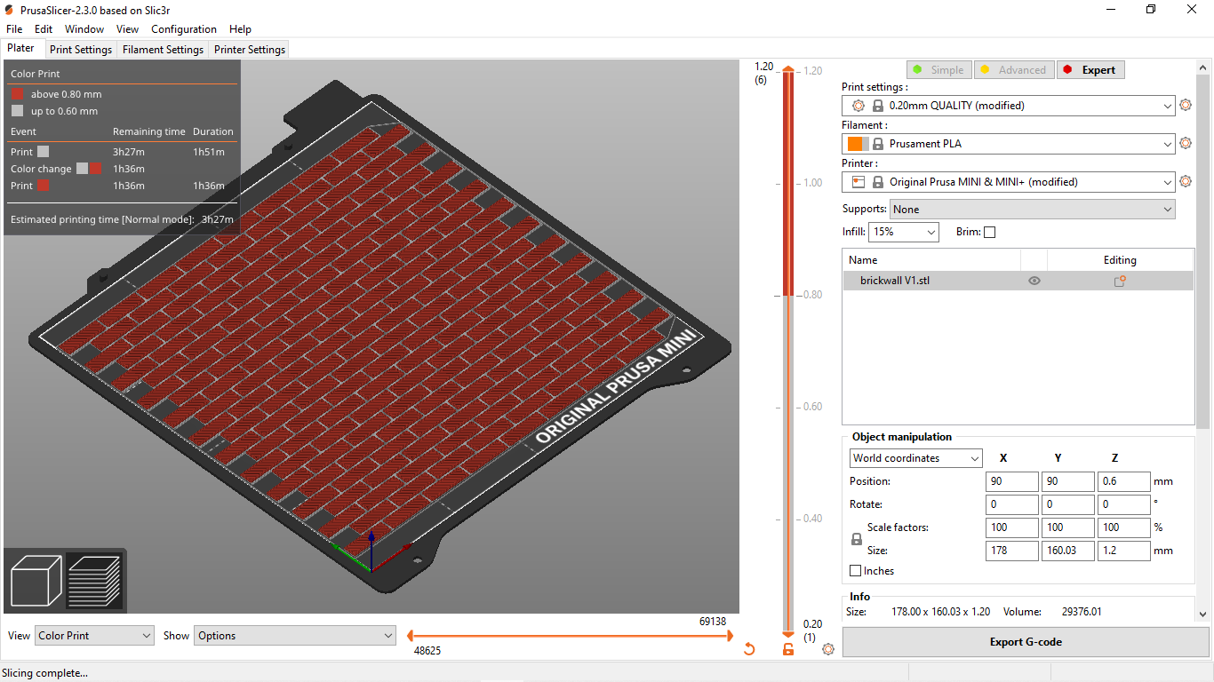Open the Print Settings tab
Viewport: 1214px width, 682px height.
(x=80, y=50)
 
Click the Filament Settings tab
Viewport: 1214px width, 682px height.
(x=163, y=50)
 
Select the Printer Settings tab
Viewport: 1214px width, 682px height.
(x=250, y=50)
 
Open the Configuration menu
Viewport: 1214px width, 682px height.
(x=184, y=29)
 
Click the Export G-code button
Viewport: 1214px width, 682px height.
(x=1026, y=642)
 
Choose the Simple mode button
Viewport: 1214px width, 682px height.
(x=939, y=70)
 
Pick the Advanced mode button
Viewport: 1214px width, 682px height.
(x=1014, y=70)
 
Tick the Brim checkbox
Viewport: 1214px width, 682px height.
(x=990, y=233)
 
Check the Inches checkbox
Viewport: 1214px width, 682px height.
(x=855, y=570)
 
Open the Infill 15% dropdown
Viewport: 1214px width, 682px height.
(x=904, y=232)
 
